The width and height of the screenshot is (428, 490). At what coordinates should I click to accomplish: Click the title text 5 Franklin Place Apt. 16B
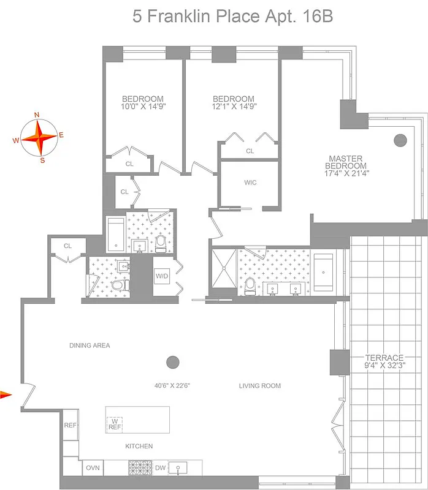click(x=232, y=17)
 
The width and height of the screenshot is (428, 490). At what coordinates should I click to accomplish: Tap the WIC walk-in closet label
click(x=250, y=183)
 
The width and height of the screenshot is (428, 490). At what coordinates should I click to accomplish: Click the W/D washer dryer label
click(x=161, y=276)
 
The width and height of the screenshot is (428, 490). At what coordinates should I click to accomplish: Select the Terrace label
click(x=384, y=358)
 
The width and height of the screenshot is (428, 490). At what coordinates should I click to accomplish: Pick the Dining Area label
click(x=90, y=345)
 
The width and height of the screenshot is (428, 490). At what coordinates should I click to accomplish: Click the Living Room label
click(x=260, y=386)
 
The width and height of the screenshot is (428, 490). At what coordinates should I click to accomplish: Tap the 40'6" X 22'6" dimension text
click(x=172, y=386)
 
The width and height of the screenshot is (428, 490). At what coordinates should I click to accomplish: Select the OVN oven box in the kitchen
click(x=93, y=467)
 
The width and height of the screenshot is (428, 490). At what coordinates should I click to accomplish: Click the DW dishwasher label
click(x=159, y=468)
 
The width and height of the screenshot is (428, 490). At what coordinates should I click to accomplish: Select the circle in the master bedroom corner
click(x=400, y=140)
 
